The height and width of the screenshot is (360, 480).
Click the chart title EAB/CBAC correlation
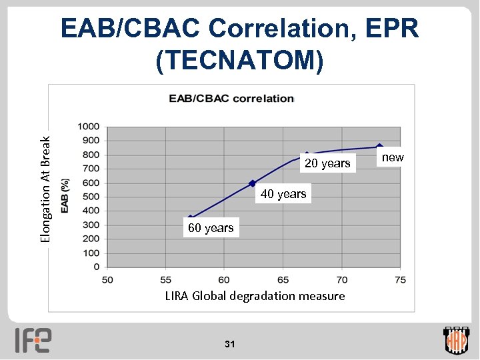pos(231,98)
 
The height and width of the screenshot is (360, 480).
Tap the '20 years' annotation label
pos(327,163)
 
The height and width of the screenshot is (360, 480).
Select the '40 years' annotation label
pos(283,194)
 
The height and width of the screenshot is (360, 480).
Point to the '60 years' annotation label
pos(211,228)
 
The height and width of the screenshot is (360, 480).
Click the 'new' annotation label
pos(392,157)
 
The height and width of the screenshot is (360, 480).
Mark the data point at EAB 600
pos(252,183)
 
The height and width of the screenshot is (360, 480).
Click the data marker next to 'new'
pos(379,147)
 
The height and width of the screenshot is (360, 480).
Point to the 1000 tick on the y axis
pos(89,127)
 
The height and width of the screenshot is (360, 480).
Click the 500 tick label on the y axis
pos(91,197)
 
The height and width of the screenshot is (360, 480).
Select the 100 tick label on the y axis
pos(91,253)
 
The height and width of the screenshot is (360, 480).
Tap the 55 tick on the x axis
pos(165,279)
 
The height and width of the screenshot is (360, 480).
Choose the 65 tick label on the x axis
pos(283,279)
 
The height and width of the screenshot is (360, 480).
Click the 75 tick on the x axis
pos(400,279)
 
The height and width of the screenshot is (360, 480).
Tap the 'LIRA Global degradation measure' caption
pos(255,295)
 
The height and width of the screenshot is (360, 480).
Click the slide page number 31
pos(230,344)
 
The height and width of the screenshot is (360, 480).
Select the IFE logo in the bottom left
pos(33,339)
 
